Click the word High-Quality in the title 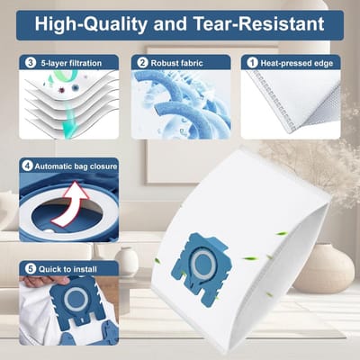(x=91, y=24)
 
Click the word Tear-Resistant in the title (x=258, y=23)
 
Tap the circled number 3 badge (x=31, y=63)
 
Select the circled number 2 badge (x=142, y=63)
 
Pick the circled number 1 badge (x=252, y=63)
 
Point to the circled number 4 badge (x=27, y=166)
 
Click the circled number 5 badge (x=31, y=269)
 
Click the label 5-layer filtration (x=71, y=63)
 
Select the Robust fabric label (x=176, y=63)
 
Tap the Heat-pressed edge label (x=297, y=63)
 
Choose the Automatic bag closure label (x=76, y=166)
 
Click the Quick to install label (x=67, y=269)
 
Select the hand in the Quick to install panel (x=46, y=281)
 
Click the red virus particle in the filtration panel (x=62, y=89)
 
